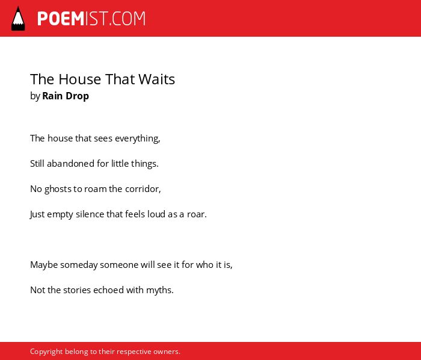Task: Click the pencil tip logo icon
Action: coord(18,19)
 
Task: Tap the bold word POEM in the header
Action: coord(61,19)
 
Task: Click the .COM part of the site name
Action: coord(128,19)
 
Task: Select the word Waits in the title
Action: coord(156,79)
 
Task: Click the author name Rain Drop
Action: coord(66,96)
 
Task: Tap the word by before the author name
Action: coord(35,96)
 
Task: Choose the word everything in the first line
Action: coord(137,138)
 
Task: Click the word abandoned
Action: coord(70,164)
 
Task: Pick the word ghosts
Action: coord(58,189)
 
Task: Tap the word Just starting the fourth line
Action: coord(37,214)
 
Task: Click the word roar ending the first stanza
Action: coord(195,214)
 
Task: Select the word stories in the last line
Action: coord(77,290)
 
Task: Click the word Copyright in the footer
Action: coord(46,352)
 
